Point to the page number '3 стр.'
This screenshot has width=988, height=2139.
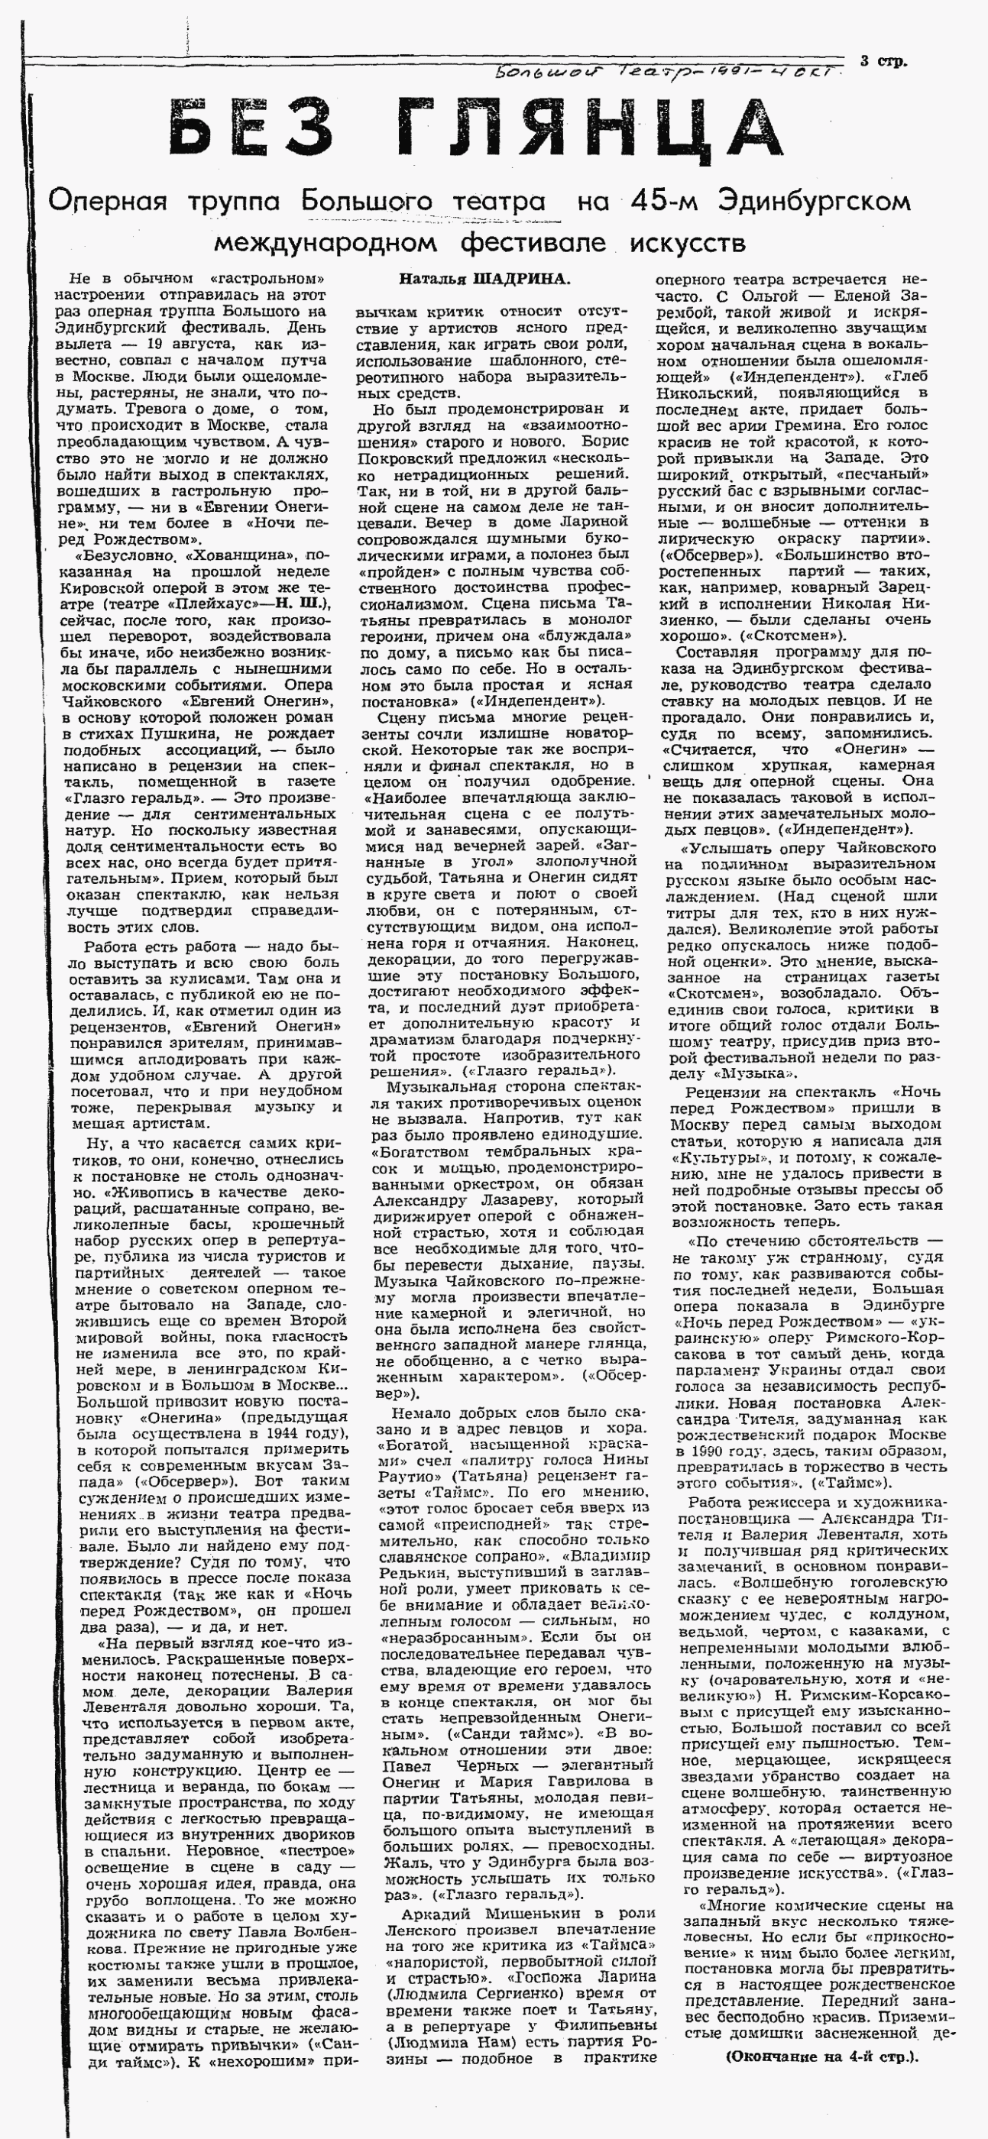point(883,60)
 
